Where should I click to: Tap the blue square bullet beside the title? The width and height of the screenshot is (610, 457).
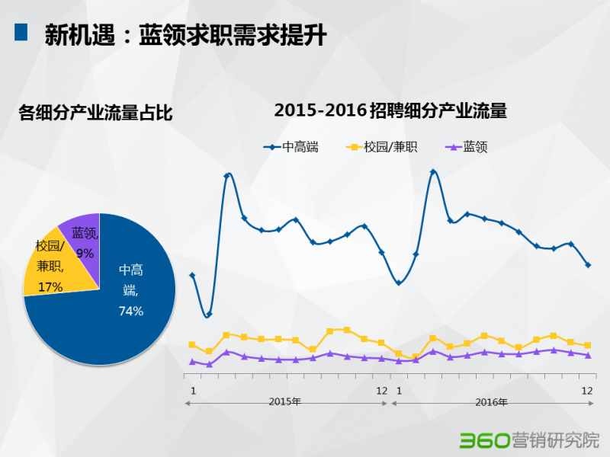pyautogui.click(x=21, y=32)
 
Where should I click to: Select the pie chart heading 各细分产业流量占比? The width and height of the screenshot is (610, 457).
pyautogui.click(x=95, y=114)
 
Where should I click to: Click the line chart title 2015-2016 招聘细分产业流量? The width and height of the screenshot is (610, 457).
pyautogui.click(x=390, y=110)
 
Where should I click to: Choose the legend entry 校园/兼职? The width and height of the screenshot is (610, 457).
pyautogui.click(x=381, y=147)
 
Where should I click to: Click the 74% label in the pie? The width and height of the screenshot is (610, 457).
pyautogui.click(x=131, y=310)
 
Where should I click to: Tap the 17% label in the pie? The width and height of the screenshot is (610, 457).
pyautogui.click(x=50, y=286)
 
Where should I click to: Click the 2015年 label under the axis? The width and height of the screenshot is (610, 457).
pyautogui.click(x=285, y=402)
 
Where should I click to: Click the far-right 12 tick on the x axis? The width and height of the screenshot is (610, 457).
pyautogui.click(x=587, y=390)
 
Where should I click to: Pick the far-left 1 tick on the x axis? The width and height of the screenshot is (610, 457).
pyautogui.click(x=193, y=390)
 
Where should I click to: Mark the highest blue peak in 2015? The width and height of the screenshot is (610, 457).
pyautogui.click(x=227, y=176)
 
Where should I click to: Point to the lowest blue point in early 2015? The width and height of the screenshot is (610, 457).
pyautogui.click(x=209, y=314)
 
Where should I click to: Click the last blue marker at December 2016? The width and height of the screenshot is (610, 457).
pyautogui.click(x=587, y=265)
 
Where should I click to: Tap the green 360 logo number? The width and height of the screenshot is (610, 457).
pyautogui.click(x=483, y=440)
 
